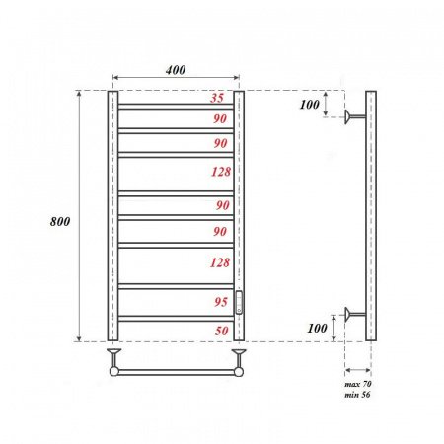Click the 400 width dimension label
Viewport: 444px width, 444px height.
tap(176, 70)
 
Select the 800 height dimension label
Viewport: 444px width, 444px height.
tap(59, 222)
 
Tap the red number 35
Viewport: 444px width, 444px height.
tap(218, 99)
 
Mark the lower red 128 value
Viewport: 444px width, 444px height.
tap(218, 261)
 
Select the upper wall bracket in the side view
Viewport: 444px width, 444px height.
tap(353, 117)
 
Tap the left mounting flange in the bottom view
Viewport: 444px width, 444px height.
tap(113, 353)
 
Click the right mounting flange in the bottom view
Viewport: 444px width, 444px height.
tap(238, 353)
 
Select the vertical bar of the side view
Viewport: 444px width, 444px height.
tap(371, 217)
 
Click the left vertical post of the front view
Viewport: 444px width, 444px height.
tap(111, 217)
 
